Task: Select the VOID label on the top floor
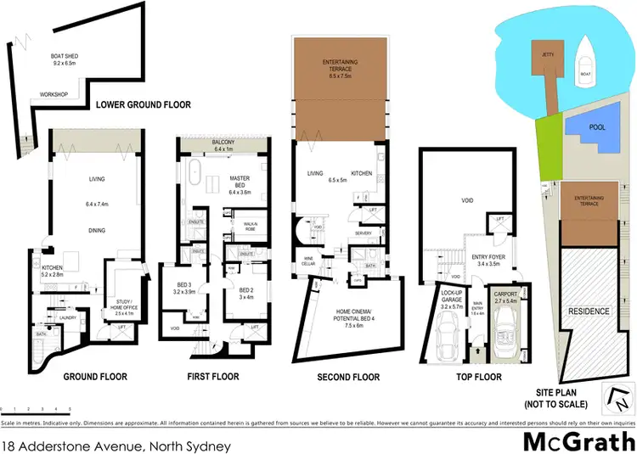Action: point(466,200)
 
